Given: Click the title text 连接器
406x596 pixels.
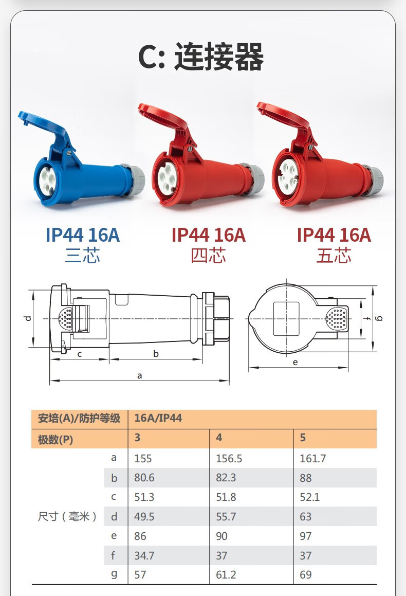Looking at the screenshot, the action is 219,57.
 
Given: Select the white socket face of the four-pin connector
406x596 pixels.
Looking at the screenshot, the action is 167,178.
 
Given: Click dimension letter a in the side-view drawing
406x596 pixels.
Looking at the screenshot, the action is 140,376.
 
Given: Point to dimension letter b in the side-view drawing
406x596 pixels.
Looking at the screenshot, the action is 156,353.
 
